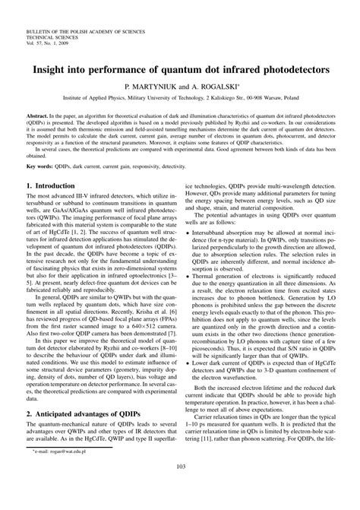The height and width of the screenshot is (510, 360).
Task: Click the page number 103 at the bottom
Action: coord(180,488)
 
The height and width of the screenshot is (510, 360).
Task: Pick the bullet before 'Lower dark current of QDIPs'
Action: coord(188,364)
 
